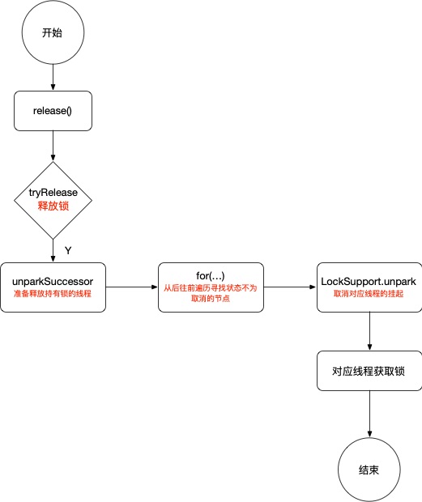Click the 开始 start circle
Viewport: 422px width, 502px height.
[53, 33]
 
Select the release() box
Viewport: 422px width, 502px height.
[53, 110]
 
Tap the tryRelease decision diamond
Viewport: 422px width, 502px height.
[53, 199]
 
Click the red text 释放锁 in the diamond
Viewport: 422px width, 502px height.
[53, 207]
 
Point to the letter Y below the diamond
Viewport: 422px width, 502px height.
[68, 249]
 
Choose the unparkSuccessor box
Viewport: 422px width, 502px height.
[53, 287]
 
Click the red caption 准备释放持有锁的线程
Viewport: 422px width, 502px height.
[53, 294]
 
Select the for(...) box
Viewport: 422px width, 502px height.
[211, 287]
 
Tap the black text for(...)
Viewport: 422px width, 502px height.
[211, 275]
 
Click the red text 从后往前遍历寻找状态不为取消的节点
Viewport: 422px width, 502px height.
[211, 293]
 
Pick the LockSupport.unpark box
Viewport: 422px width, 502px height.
[369, 287]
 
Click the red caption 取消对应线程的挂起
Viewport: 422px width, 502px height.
[369, 294]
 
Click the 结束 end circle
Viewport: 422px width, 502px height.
[369, 470]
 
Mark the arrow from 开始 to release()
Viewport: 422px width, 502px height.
[53, 78]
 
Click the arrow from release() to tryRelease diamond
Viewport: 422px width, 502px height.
[53, 146]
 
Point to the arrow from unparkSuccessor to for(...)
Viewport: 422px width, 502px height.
[131, 287]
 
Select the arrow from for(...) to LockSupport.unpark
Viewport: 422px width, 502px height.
[289, 287]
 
